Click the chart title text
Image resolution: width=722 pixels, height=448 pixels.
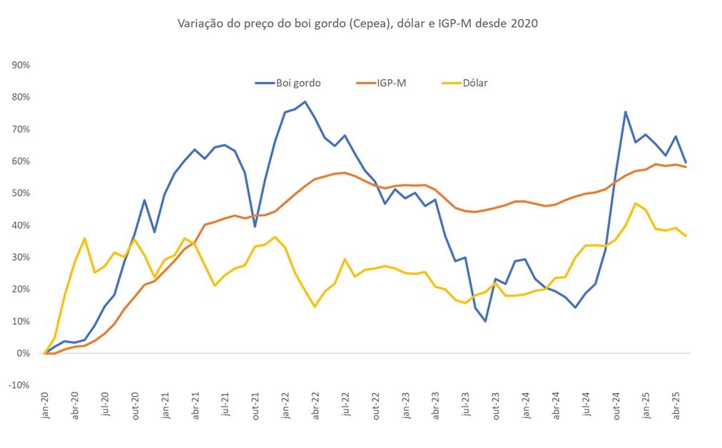click(357, 24)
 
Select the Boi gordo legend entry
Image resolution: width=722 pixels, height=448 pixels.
click(288, 83)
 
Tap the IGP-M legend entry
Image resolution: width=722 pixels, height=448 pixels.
click(381, 83)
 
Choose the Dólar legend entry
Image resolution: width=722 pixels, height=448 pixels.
click(464, 83)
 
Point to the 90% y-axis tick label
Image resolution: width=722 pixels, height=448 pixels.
click(21, 66)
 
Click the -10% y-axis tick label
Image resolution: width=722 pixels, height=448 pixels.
click(19, 385)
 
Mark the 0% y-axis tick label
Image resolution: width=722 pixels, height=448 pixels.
click(24, 353)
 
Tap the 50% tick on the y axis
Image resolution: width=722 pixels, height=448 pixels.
click(21, 193)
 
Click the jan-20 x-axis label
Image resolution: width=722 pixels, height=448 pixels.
click(45, 406)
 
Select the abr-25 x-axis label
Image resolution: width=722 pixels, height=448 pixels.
click(676, 406)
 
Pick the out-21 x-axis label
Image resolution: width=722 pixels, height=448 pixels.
click(255, 406)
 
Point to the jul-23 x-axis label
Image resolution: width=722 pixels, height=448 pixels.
click(466, 405)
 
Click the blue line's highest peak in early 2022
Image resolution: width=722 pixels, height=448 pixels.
click(305, 102)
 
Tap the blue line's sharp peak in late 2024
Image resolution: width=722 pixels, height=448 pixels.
click(626, 112)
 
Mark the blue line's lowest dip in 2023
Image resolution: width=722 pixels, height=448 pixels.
click(485, 321)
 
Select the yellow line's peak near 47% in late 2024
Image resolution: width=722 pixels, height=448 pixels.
click(636, 203)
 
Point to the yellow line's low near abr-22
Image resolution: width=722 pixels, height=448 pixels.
click(315, 306)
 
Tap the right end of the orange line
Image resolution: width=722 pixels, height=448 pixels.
click(686, 167)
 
